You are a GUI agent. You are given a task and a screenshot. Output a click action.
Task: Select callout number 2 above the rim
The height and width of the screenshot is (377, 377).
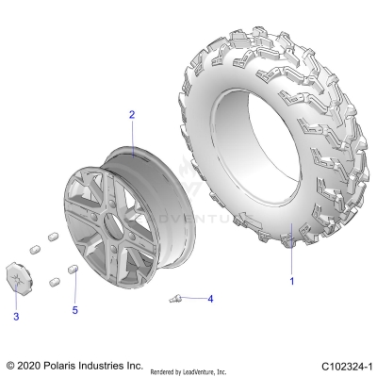[x=132, y=114]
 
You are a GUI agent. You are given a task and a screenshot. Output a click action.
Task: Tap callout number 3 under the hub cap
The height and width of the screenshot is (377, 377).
[x=16, y=318]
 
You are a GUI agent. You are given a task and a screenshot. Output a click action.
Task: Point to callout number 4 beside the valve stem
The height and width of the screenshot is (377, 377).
[x=210, y=299]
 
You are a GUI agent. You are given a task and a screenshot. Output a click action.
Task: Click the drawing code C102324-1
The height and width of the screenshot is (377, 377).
[x=343, y=365]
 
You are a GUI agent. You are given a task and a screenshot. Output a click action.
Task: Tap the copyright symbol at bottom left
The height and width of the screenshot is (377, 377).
[x=10, y=365]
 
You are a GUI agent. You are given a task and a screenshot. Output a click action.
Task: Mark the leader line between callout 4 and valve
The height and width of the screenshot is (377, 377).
[x=193, y=299]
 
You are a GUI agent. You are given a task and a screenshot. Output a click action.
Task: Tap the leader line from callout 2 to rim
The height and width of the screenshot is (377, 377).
[x=134, y=134]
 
